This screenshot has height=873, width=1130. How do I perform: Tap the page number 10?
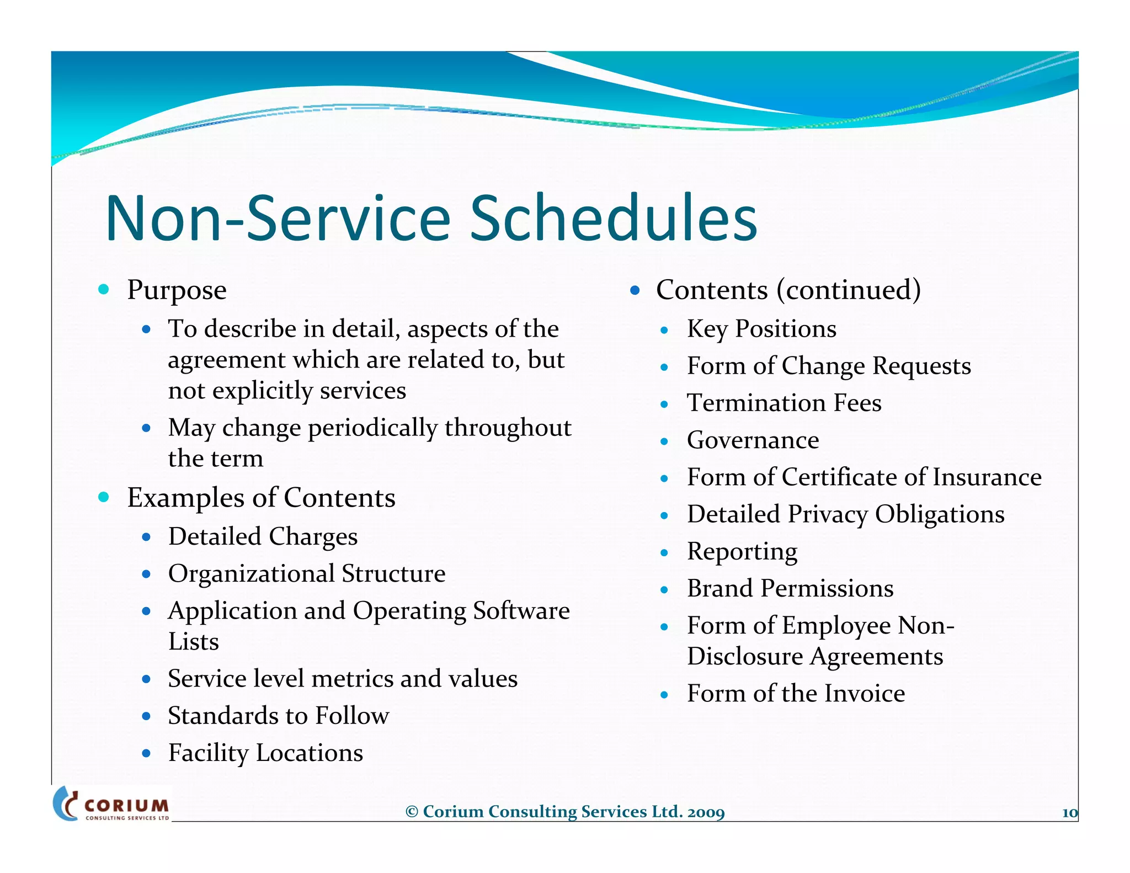(x=1069, y=812)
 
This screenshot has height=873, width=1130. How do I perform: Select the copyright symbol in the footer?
(x=412, y=812)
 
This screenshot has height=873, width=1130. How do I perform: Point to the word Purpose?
(x=177, y=290)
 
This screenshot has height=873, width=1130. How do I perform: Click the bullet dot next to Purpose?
(x=103, y=289)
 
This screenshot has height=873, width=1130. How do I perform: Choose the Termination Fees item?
(x=783, y=403)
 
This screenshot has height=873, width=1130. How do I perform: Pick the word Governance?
(x=753, y=440)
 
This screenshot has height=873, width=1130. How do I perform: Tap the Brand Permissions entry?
(x=790, y=588)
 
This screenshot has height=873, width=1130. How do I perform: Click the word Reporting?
(x=742, y=552)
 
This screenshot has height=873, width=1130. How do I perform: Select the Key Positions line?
(x=761, y=329)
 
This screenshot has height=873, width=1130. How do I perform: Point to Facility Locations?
(x=265, y=753)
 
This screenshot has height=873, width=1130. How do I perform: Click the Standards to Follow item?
(x=279, y=716)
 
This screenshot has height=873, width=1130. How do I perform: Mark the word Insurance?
(x=987, y=477)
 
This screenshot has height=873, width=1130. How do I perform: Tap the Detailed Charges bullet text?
(x=263, y=537)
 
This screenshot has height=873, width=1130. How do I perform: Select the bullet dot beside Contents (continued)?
(x=635, y=290)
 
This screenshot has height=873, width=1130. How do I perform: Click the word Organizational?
(x=252, y=574)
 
